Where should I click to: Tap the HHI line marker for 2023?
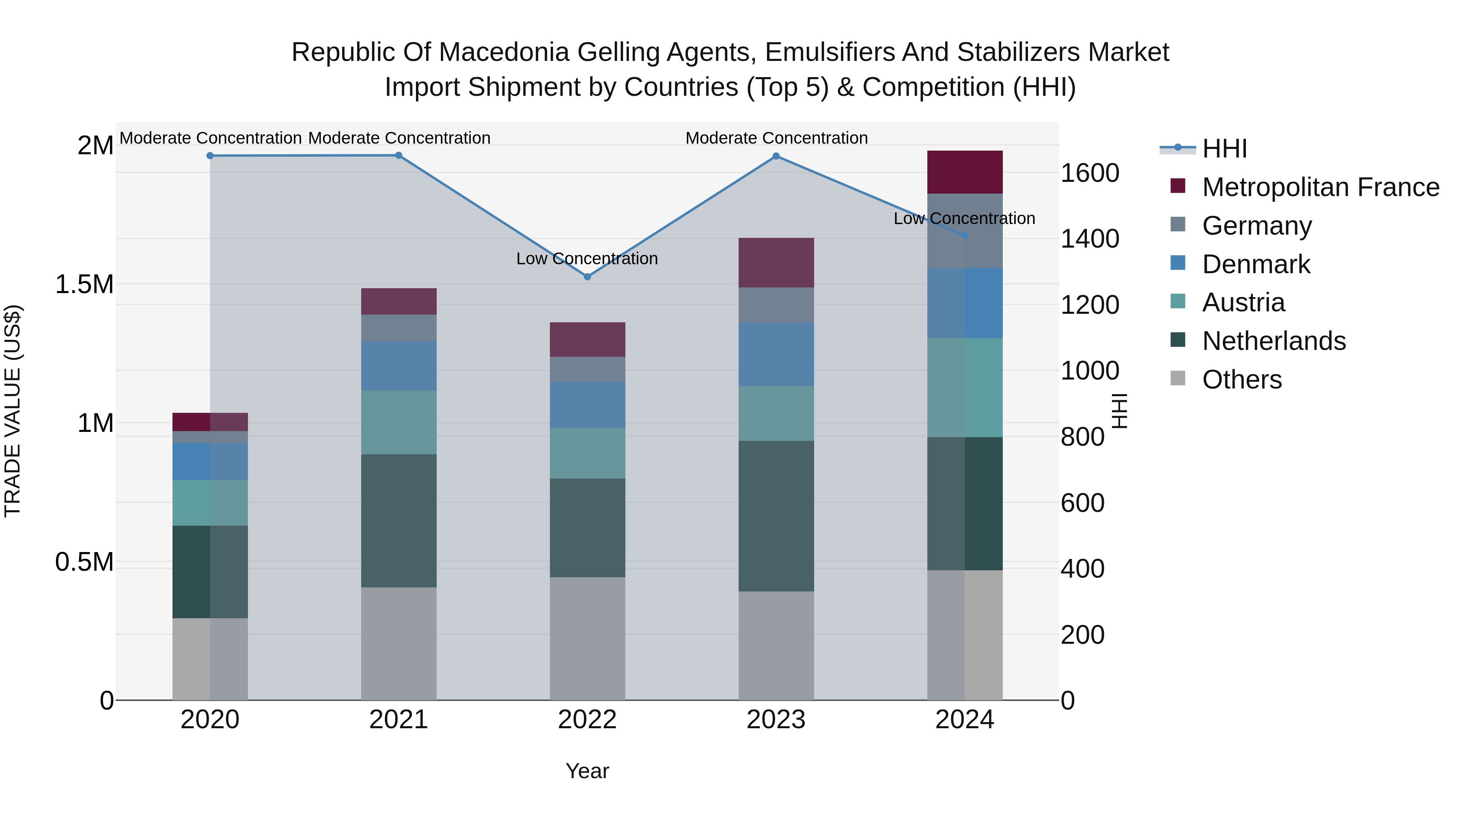(776, 156)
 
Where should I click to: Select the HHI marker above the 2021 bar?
(399, 155)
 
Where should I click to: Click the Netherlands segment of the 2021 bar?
(399, 520)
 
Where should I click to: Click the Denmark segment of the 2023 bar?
(776, 354)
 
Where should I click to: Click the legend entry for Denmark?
(1256, 264)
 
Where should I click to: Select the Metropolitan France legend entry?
(1320, 187)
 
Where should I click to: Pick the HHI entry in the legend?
(1224, 149)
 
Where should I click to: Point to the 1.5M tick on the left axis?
(84, 284)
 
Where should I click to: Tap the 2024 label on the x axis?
(964, 720)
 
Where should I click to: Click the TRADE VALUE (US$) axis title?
(13, 411)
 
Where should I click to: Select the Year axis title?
(587, 771)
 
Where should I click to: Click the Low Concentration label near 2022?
(586, 259)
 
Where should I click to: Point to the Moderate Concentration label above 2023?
(776, 138)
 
